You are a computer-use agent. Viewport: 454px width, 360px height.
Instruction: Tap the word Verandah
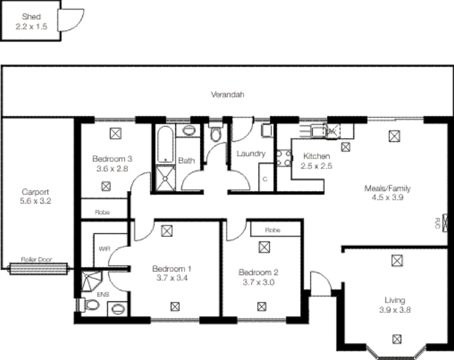pos(227,95)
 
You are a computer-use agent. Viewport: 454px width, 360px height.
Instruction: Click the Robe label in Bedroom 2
pos(272,231)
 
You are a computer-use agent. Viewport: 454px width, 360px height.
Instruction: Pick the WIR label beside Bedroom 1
pos(104,249)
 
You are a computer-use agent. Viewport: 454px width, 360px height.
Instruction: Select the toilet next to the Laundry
pos(216,134)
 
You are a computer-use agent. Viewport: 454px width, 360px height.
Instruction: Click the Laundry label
pos(251,154)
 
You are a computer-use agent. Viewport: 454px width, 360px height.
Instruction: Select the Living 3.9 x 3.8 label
pos(397,305)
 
